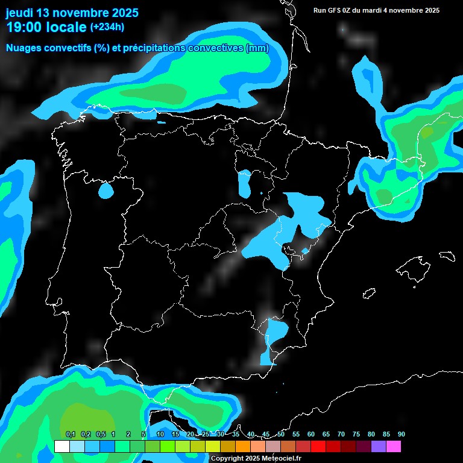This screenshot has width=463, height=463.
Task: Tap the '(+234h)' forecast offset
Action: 107,27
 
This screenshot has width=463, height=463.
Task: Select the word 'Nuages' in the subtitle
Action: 24,48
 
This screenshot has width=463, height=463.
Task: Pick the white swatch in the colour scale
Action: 61,447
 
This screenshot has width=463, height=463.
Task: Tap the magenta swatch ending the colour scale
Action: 393,447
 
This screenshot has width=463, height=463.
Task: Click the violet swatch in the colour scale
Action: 378,447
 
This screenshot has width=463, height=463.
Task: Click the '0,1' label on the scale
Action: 70,435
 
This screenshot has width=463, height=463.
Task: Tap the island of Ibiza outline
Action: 369,294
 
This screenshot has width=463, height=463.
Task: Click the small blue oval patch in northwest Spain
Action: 106,191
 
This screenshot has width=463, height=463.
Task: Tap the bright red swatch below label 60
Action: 318,447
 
